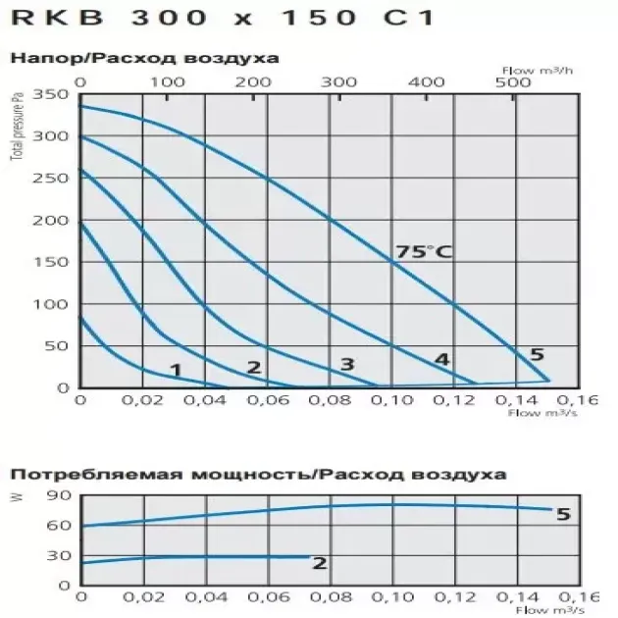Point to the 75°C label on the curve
click(424, 251)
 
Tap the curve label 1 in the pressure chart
click(176, 370)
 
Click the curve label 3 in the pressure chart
click(346, 365)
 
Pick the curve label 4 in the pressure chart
click(441, 360)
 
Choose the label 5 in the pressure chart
click(537, 354)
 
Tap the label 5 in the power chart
click(562, 514)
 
